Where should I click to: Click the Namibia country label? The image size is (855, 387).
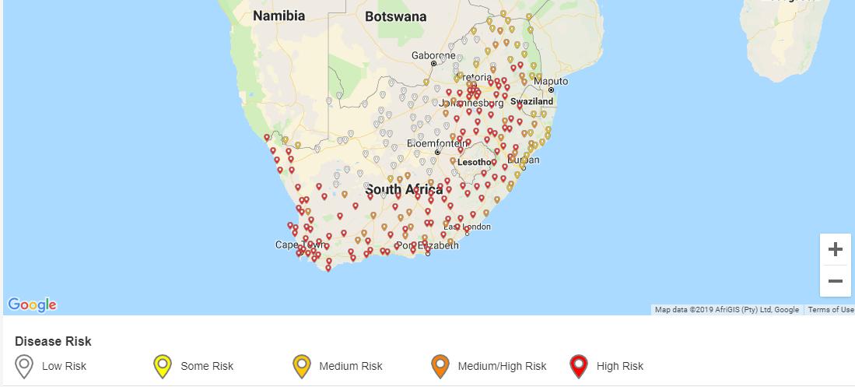point(279,16)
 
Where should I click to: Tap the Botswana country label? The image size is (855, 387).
point(395,16)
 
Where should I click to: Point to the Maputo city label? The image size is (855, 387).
point(551,81)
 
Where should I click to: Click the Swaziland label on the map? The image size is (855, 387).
point(531,101)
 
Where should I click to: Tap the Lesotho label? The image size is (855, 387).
point(474,163)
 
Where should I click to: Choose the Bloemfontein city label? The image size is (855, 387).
point(438,144)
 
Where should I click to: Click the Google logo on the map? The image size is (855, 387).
point(32,304)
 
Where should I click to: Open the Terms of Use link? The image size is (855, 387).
point(830,310)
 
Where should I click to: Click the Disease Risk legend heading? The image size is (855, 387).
point(53,341)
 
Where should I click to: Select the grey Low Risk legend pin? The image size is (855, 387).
point(24,365)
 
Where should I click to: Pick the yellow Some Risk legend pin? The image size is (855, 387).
point(163,365)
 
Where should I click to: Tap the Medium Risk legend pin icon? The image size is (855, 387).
point(301,365)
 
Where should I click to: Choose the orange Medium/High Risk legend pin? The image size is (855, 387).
point(440,365)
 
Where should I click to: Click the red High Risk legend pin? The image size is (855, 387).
point(578,365)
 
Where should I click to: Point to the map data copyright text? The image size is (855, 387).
point(727,310)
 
